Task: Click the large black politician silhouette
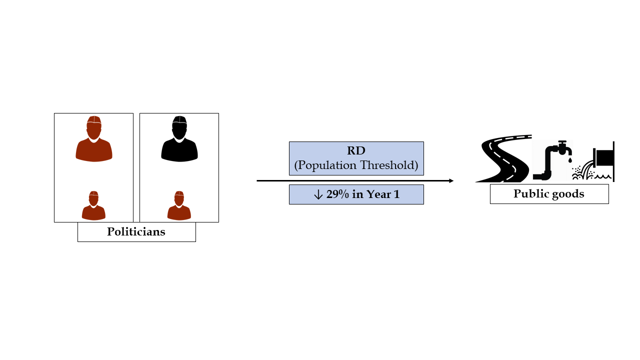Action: click(179, 142)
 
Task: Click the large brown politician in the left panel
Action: click(94, 142)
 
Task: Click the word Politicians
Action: click(136, 232)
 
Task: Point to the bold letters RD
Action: click(356, 151)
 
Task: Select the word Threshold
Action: click(388, 165)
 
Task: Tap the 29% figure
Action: click(337, 194)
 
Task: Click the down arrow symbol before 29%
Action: click(318, 195)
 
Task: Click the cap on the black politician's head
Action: click(179, 120)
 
